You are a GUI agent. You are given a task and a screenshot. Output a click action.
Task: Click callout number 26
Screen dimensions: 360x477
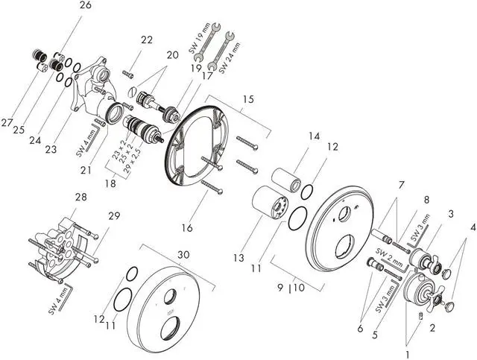(x=85, y=6)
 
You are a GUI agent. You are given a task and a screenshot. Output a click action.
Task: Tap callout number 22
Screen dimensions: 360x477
(x=146, y=40)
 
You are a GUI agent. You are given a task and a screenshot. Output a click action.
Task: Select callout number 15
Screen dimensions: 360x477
(x=248, y=98)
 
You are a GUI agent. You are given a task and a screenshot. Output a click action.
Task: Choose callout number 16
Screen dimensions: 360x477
(x=186, y=227)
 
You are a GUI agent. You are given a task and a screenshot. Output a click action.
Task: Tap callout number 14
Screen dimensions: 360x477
(x=314, y=136)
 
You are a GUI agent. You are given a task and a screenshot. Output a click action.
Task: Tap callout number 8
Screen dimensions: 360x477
(x=427, y=199)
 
